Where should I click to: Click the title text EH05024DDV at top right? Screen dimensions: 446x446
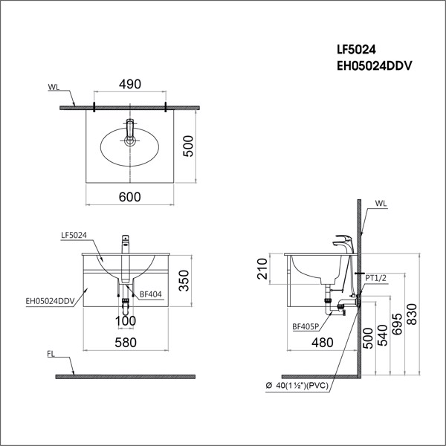375,65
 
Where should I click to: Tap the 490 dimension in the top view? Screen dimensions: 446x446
130,85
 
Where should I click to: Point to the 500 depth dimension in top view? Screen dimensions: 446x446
190,148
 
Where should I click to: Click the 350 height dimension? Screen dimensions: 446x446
189,279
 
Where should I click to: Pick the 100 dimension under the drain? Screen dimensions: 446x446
126,320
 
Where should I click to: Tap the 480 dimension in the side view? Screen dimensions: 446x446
322,343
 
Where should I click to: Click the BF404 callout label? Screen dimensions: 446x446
149,295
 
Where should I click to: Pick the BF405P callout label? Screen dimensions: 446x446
306,325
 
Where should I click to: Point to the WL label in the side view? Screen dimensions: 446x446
381,201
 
